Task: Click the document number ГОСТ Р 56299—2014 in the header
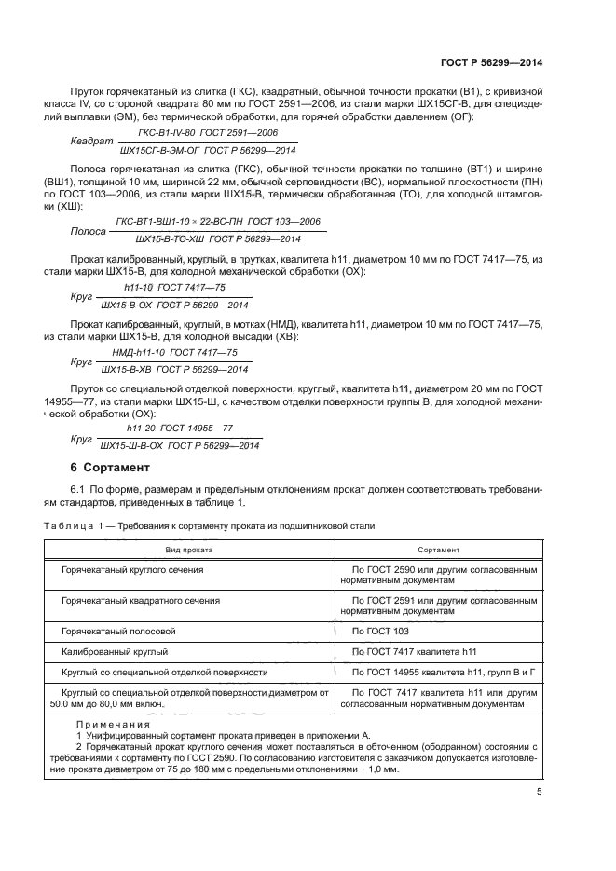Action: [491, 61]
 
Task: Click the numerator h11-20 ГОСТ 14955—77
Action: [180, 428]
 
